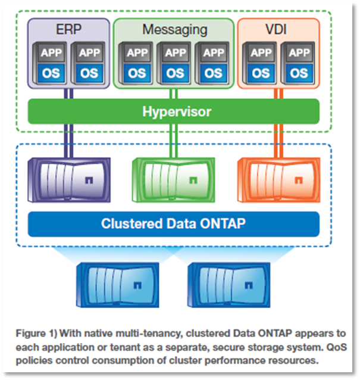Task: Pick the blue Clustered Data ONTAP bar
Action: coord(174,224)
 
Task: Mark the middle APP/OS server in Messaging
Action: coord(175,63)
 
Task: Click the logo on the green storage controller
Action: coord(192,179)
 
